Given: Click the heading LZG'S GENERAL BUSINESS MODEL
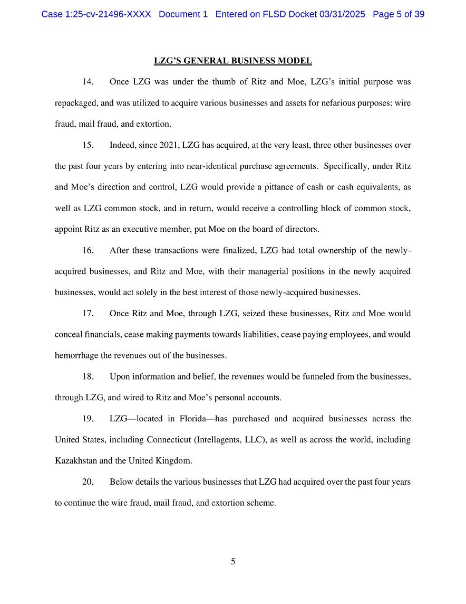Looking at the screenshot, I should (x=232, y=61).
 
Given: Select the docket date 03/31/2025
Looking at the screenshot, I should (x=342, y=14).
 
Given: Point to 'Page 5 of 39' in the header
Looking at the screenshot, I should (x=399, y=14).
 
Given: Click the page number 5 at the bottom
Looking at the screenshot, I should (x=232, y=562).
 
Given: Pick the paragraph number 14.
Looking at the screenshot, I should (x=88, y=82).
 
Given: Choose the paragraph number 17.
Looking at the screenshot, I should (x=88, y=314).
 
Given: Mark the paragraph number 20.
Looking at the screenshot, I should (x=88, y=482).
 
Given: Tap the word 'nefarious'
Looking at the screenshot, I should (x=328, y=103).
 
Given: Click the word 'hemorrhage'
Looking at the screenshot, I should (x=76, y=356).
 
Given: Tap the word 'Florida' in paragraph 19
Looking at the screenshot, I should (x=193, y=419).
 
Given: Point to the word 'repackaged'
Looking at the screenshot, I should (x=75, y=103).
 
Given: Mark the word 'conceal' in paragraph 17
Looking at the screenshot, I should (x=68, y=335).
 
